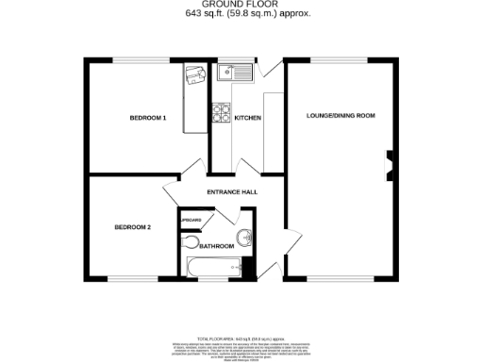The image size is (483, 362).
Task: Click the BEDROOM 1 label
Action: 148,118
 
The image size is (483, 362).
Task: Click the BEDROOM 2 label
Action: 133,227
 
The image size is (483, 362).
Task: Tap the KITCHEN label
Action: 247,118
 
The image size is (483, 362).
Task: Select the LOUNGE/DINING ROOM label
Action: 341,115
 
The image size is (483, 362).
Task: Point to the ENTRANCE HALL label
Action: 233,192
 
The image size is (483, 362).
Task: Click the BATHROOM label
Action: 217,245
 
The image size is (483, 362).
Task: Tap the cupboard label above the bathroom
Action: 192,220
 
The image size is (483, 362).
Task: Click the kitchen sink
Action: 231,72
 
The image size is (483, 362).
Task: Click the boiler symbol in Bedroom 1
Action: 195,75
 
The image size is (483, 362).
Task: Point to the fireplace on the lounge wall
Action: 389,166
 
